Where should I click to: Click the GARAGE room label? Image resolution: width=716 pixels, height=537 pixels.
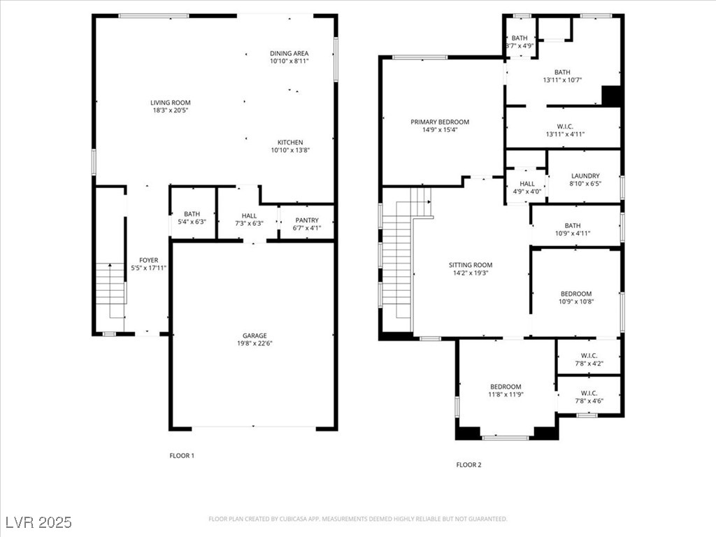click(255, 336)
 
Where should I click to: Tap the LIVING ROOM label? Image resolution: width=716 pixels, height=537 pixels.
click(171, 103)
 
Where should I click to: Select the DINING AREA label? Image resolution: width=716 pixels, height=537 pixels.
click(289, 53)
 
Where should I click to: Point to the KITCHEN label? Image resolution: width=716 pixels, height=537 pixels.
click(290, 143)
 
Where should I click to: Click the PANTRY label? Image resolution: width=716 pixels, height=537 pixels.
click(307, 220)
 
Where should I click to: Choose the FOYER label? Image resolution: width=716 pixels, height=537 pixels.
click(149, 260)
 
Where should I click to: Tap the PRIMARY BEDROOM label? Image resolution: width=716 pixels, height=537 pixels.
click(440, 122)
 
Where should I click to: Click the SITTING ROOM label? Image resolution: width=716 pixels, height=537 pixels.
click(471, 265)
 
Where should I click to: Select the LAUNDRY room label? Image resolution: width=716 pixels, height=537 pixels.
click(585, 176)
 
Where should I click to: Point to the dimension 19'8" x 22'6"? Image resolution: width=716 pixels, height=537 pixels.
click(255, 343)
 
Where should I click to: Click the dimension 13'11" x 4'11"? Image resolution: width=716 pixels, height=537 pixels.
click(565, 134)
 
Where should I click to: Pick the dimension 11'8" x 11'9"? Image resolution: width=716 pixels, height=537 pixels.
click(506, 394)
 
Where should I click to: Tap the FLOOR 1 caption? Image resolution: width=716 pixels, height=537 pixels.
click(182, 455)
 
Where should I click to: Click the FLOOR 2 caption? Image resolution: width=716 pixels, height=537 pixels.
click(468, 465)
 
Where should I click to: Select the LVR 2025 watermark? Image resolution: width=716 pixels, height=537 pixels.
click(39, 522)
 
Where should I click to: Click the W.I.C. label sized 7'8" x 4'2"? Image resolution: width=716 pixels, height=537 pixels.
click(589, 356)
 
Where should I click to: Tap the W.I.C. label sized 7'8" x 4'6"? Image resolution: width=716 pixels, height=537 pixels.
click(589, 393)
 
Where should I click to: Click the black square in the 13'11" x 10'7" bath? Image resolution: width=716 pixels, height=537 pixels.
click(611, 96)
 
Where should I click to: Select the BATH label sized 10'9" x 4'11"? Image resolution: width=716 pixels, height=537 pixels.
click(573, 226)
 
